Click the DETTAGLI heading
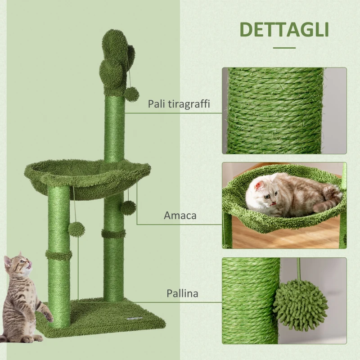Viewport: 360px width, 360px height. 284,29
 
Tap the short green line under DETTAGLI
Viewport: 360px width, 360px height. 284,47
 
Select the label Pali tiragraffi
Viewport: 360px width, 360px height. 179,104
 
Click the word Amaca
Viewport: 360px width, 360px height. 180,216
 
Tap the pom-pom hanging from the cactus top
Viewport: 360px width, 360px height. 132,94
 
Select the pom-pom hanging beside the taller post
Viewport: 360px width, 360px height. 128,207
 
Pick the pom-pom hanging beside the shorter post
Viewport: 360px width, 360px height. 76,229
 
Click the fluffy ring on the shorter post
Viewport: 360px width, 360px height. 58,256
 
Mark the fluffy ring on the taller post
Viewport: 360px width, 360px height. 113,234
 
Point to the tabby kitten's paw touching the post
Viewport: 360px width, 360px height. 48,318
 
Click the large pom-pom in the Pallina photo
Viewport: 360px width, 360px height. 301,304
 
